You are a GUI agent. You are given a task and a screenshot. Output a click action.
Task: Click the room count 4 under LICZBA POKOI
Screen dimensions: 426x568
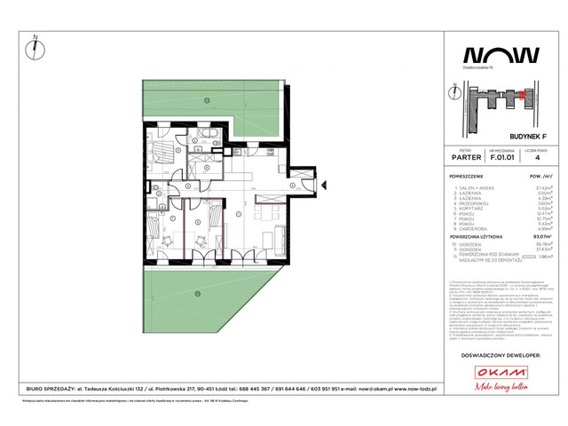tap(539, 159)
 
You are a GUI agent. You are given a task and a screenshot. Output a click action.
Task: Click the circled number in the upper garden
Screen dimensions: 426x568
tap(205, 99)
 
